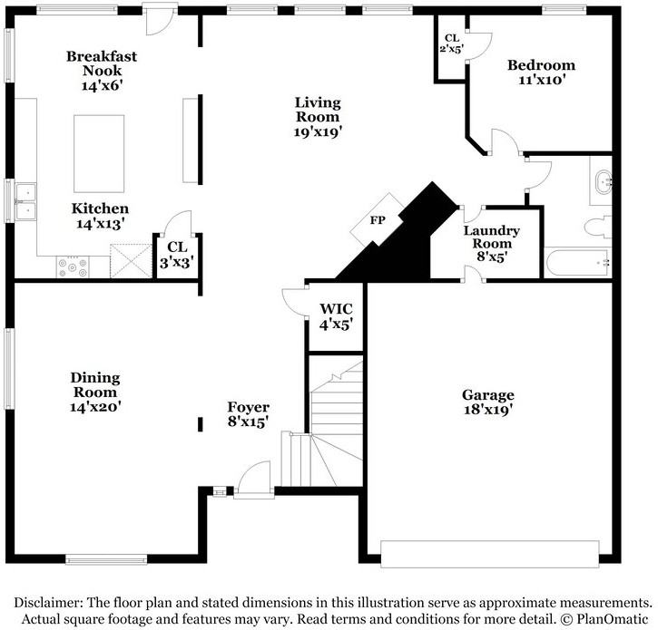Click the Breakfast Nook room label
pyautogui.click(x=101, y=63)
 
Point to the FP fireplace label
pyautogui.click(x=376, y=220)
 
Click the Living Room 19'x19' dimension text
pyautogui.click(x=317, y=131)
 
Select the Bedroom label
pyautogui.click(x=541, y=65)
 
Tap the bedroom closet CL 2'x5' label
pyautogui.click(x=451, y=44)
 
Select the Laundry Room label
pyautogui.click(x=491, y=237)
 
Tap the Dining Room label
pyautogui.click(x=96, y=385)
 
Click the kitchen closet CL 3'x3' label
pyautogui.click(x=174, y=251)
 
